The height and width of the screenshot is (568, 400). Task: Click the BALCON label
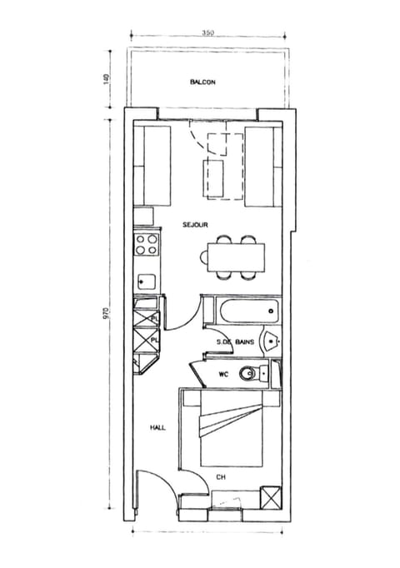pos(203,82)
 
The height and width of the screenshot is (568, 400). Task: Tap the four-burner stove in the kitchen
pos(147,244)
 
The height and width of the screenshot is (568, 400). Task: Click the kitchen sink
pos(147,281)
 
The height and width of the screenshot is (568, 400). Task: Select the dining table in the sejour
pos(236,256)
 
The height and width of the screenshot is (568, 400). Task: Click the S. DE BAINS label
pos(235,342)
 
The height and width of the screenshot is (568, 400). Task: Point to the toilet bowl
pos(247,374)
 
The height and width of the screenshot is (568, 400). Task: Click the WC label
pos(222,374)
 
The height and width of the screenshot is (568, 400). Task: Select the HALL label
pos(157,427)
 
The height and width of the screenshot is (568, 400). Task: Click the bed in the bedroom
pos(231,431)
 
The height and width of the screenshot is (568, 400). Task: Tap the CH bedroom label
pos(221,477)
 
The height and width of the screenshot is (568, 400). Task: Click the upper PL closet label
pos(154,318)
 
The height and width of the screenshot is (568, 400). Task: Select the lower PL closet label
pos(154,339)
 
